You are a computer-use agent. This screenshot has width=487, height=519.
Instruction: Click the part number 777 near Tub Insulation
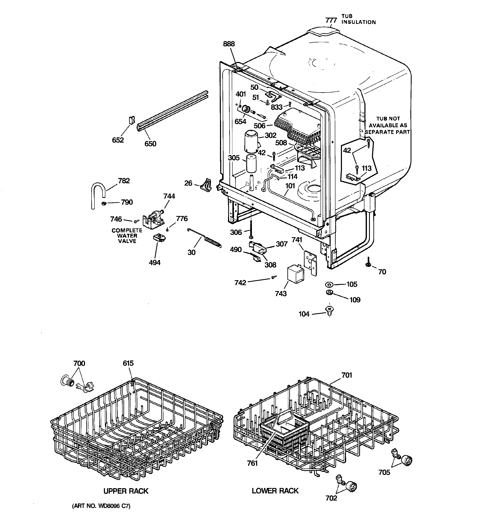[331, 20]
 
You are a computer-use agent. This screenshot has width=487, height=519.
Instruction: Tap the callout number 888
[229, 44]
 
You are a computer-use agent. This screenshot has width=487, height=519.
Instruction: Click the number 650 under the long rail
[150, 144]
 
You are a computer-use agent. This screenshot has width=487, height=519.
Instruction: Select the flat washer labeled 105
[329, 284]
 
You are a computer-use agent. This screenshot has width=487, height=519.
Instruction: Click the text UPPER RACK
[126, 491]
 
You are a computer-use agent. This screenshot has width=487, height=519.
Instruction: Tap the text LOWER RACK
[275, 491]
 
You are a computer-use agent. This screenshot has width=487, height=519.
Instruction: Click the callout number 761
[252, 463]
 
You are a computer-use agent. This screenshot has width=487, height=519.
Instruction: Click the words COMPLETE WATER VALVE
[127, 236]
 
